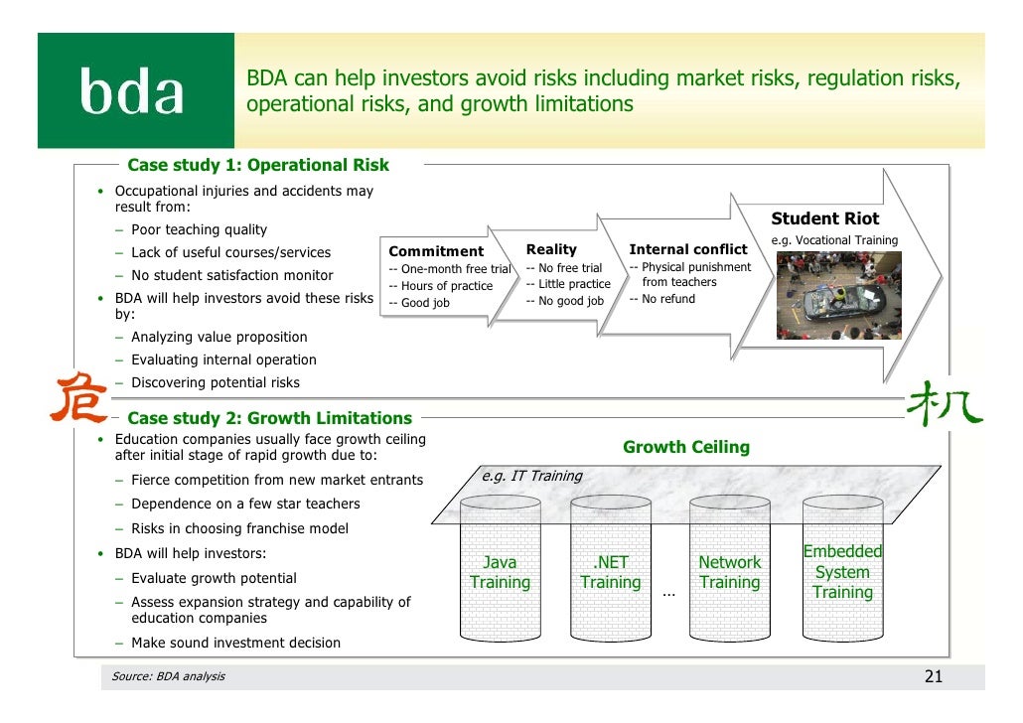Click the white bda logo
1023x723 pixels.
(132, 94)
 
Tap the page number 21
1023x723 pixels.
(933, 677)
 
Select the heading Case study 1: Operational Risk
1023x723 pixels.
(258, 165)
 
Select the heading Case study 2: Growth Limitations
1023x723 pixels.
(269, 418)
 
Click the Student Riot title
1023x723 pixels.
(824, 219)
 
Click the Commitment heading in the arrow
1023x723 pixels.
(436, 251)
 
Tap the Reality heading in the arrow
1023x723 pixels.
(551, 249)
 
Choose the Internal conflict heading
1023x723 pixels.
(687, 249)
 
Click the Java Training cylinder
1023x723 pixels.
(500, 572)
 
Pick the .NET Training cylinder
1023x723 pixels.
(610, 572)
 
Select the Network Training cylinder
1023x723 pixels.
(729, 572)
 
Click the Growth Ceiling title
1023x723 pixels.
(685, 447)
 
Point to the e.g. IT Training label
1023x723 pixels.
(531, 476)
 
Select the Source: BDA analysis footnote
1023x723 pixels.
(168, 676)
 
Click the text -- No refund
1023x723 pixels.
(662, 299)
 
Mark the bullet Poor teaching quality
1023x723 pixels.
(199, 229)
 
